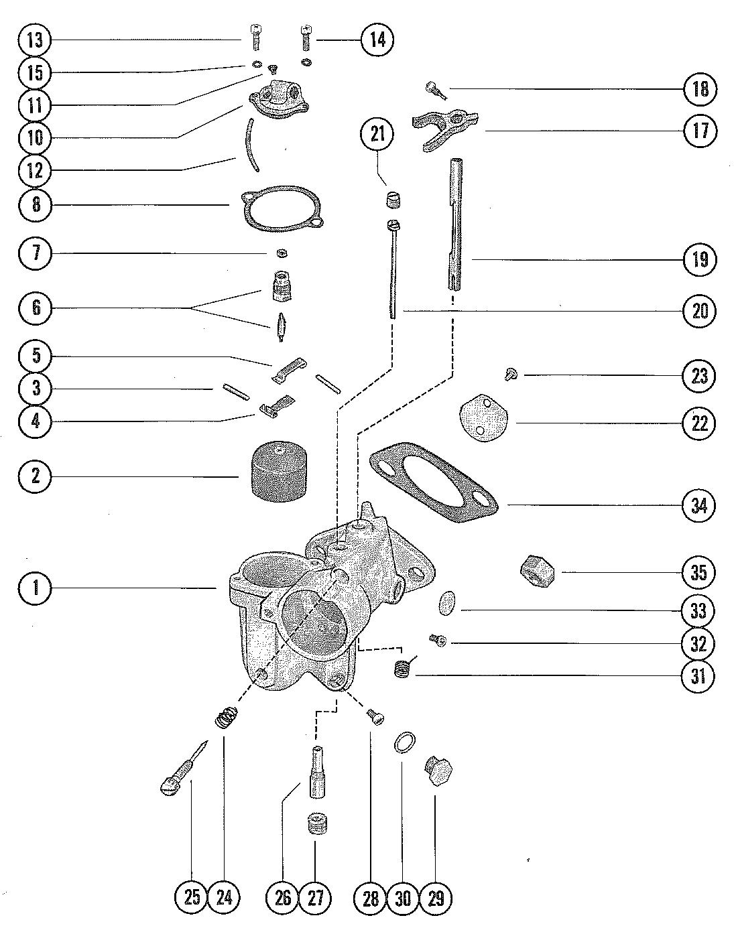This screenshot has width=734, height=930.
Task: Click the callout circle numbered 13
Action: click(35, 40)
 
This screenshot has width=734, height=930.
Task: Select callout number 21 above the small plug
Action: click(377, 135)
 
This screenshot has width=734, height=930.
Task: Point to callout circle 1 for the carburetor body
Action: click(35, 588)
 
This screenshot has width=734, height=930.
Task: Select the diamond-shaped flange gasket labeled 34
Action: click(434, 482)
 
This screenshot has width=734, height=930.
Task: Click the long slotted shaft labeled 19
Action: click(454, 223)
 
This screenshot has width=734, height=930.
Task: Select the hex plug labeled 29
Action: click(437, 771)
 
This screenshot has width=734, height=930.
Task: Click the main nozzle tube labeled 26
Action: click(317, 773)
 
